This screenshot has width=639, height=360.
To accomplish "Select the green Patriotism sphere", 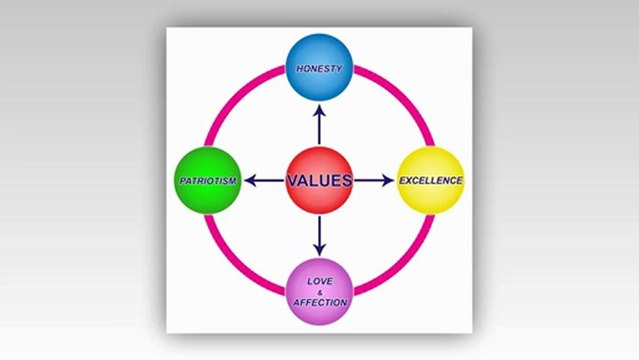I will coord(207,180).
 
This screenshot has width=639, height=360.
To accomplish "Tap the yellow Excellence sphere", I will coord(431,180).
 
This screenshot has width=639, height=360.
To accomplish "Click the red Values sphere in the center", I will coord(319,180).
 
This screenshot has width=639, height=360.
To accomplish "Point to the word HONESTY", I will coord(319,69).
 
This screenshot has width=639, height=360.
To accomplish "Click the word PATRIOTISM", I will coord(207,181).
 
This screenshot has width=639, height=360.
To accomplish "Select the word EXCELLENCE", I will coord(431,181).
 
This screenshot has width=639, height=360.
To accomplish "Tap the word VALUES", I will coord(319,181).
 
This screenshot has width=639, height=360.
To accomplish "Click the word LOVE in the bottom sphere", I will coord(319,281).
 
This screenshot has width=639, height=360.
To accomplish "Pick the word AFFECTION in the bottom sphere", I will coord(319,302).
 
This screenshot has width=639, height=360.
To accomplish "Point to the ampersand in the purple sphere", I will coord(319,292).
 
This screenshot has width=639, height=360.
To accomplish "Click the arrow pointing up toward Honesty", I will coord(319,124).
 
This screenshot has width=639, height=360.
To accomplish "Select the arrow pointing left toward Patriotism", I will coord(264,181).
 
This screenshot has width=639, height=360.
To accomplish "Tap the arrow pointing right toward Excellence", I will coord(374,181).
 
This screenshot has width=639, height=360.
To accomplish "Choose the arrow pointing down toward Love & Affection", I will coord(319,235).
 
